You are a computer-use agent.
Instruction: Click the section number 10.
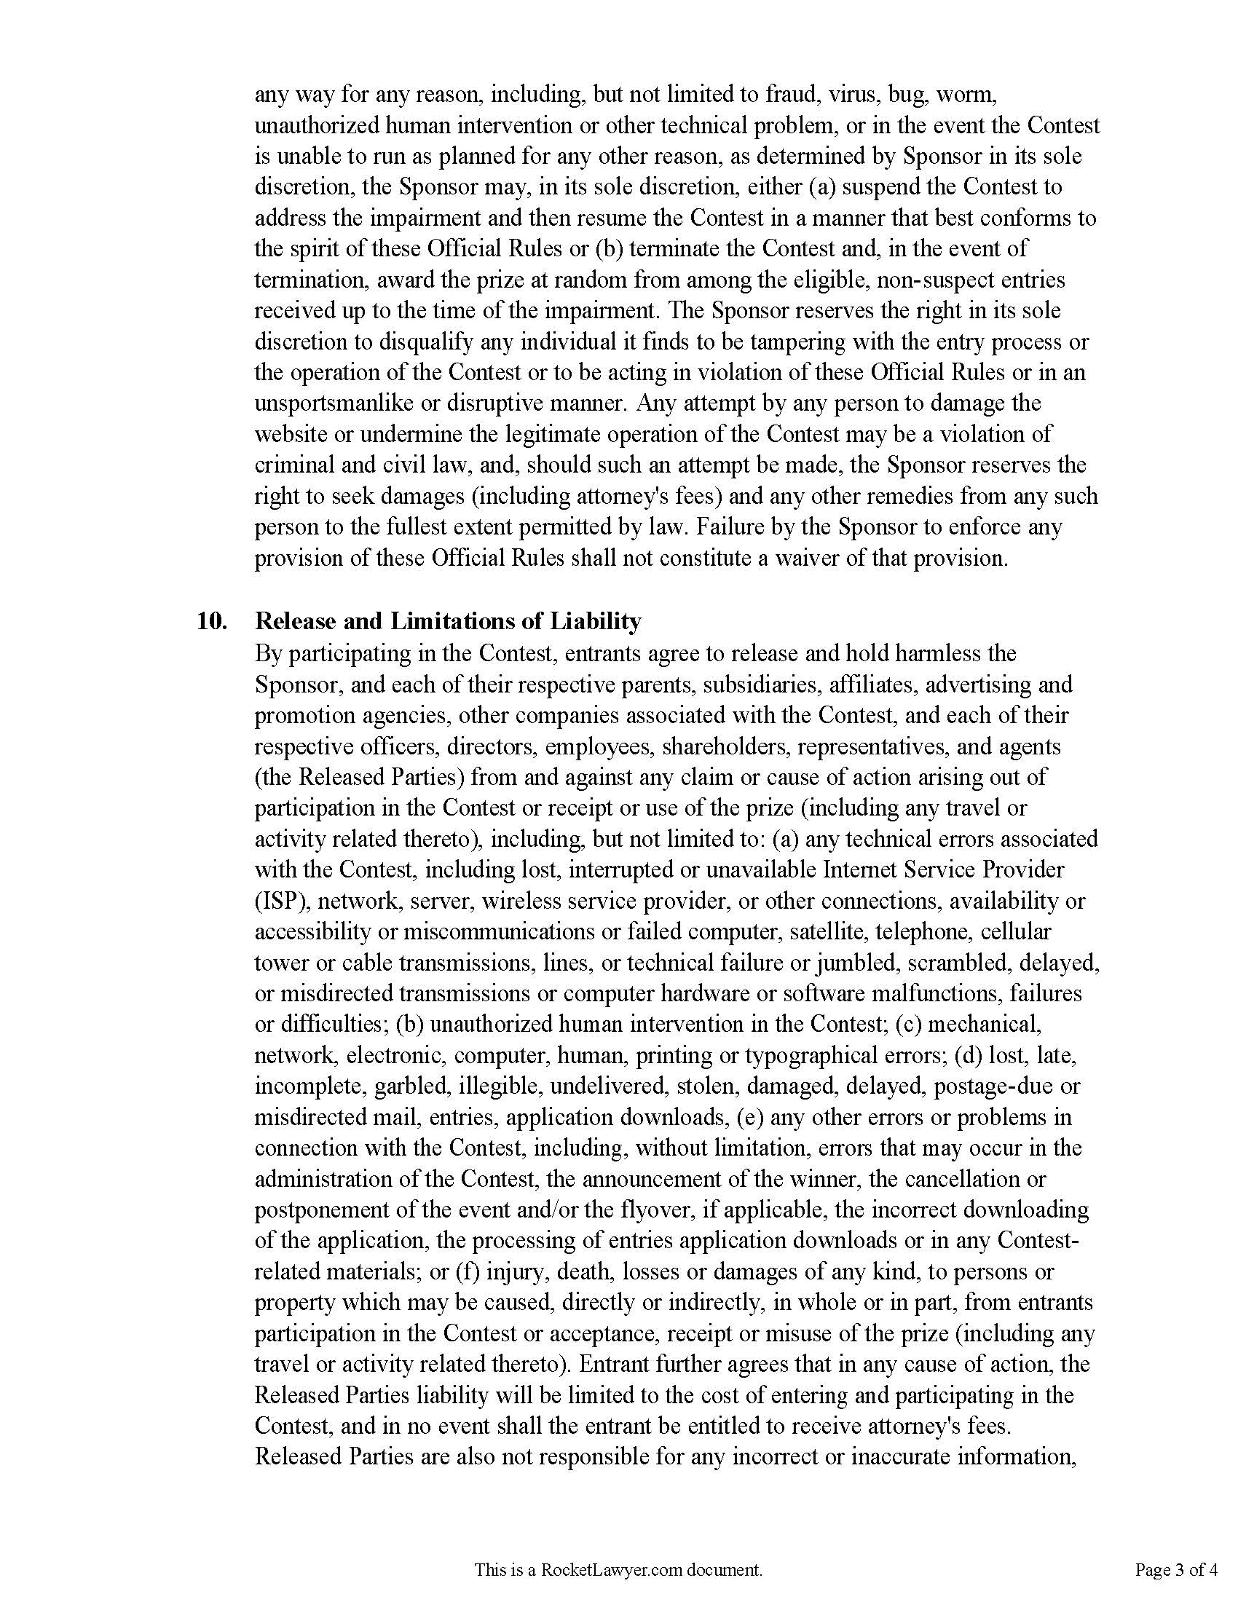coord(212,621)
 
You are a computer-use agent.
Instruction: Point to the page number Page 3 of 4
coord(1176,1570)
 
